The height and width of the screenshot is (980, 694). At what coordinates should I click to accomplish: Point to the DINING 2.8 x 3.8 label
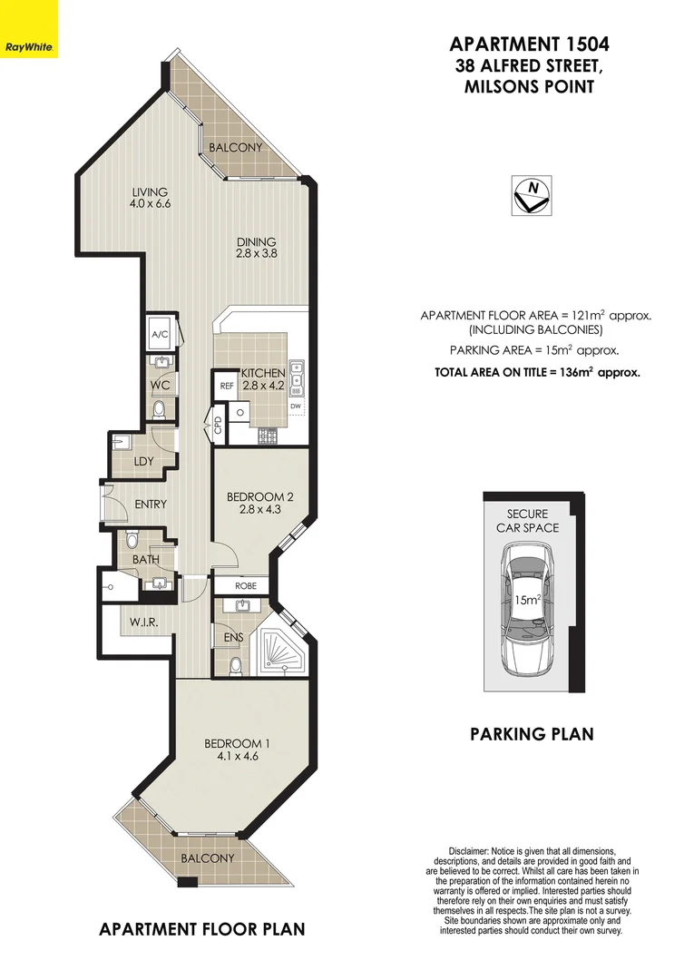click(x=257, y=248)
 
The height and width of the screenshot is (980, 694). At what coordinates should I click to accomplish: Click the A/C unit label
click(x=160, y=335)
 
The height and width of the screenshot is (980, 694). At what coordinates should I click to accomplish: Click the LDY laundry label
click(x=142, y=462)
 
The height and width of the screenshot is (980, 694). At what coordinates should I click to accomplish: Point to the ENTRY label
click(x=150, y=505)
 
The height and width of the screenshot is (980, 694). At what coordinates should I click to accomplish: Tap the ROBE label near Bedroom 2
click(x=247, y=586)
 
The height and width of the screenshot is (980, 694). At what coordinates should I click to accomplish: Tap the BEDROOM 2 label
click(x=259, y=503)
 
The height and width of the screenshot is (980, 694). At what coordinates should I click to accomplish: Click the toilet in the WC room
click(x=161, y=410)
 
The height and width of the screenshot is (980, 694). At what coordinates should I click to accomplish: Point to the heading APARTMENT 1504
click(x=530, y=44)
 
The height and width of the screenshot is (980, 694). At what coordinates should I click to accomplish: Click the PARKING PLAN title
click(x=532, y=733)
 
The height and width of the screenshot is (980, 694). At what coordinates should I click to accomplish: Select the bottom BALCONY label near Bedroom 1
click(x=207, y=857)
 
